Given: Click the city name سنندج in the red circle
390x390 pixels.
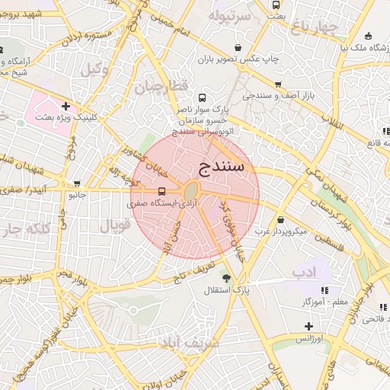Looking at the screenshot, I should [221, 165].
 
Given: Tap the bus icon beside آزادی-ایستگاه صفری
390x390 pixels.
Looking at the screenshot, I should [161, 191].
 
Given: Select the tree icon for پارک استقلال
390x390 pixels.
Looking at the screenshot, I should [225, 276].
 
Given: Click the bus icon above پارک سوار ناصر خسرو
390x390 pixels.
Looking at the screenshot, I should [202, 97].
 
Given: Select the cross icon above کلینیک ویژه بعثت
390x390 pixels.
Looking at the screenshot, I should [66, 106].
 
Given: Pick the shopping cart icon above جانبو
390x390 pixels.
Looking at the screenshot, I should [77, 184].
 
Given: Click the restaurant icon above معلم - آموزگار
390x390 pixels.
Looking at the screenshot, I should [324, 290].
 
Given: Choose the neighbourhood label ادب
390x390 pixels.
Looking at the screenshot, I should [305, 271].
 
